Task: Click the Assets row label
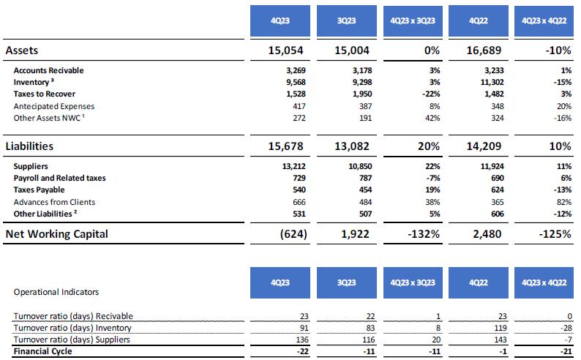click(22, 50)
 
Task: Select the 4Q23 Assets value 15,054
click(285, 50)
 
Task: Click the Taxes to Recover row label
click(44, 94)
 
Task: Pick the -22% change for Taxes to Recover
click(430, 94)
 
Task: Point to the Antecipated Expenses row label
click(53, 106)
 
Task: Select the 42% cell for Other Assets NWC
click(431, 118)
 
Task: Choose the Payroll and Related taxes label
click(59, 179)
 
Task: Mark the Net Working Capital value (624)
click(290, 234)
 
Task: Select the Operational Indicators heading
click(56, 291)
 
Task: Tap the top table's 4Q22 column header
click(481, 21)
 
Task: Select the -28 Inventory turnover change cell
click(563, 328)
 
